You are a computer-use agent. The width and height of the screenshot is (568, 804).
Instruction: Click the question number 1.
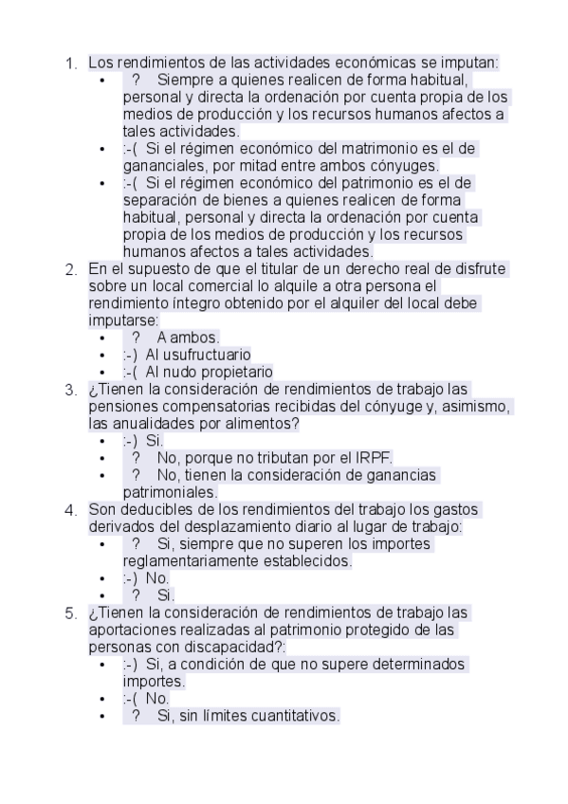70,64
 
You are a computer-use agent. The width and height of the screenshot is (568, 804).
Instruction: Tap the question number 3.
70,390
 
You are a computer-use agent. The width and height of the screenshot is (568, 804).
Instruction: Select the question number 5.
70,613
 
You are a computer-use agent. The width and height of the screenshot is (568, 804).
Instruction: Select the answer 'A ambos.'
188,338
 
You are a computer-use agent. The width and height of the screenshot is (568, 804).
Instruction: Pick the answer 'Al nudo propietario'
209,372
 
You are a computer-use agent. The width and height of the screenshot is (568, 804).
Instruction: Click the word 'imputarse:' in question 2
123,320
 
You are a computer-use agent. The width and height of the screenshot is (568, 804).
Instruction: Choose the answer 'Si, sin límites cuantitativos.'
247,716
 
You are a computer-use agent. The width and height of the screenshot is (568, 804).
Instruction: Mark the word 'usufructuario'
210,355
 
